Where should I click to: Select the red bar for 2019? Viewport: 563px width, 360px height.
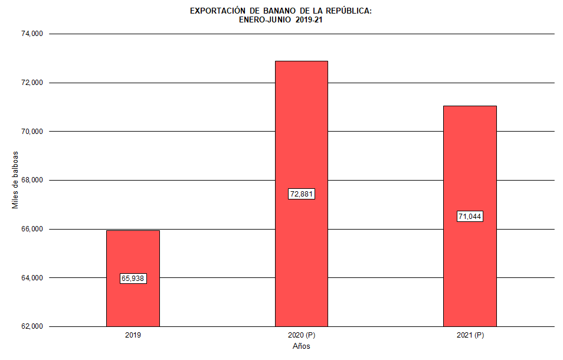(x=133, y=254)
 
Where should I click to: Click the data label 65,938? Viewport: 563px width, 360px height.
(x=133, y=279)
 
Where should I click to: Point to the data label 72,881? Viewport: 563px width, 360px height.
(x=301, y=194)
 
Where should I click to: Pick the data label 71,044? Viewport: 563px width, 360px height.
(x=470, y=217)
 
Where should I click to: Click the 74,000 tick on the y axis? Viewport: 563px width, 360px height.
(x=32, y=34)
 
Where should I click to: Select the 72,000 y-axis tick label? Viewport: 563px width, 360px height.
(x=32, y=83)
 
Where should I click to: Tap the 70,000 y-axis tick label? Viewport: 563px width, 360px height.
(x=32, y=131)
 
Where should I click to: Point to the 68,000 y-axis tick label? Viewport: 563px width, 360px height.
(x=32, y=180)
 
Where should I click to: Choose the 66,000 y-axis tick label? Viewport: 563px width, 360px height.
(x=32, y=229)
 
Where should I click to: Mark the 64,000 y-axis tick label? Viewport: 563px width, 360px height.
(x=32, y=278)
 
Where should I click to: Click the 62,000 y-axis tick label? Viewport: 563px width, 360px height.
(x=32, y=326)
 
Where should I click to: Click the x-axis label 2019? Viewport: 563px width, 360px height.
(x=133, y=335)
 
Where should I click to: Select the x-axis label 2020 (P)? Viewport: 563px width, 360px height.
(x=301, y=335)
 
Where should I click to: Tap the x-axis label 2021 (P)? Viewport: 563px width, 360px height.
(x=470, y=335)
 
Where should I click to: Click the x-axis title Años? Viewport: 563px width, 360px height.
(x=301, y=346)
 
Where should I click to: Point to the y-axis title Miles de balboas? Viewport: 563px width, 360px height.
(x=15, y=180)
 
